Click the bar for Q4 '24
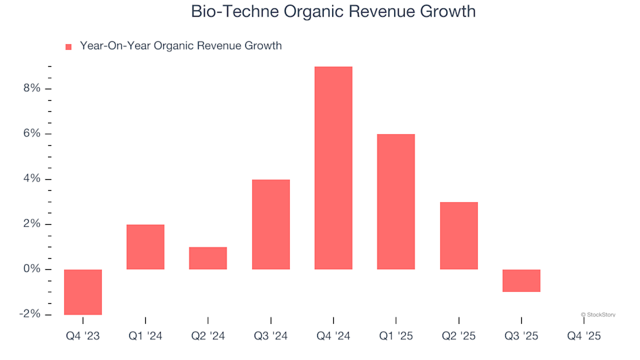click(x=333, y=168)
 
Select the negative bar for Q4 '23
click(x=83, y=291)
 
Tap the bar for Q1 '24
click(x=145, y=247)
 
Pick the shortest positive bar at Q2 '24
click(x=208, y=258)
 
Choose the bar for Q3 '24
click(x=271, y=224)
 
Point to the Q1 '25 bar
click(x=396, y=201)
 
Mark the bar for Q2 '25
click(x=459, y=235)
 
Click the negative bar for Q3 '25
click(x=521, y=280)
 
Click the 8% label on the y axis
click(x=31, y=89)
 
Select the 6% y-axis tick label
click(x=31, y=134)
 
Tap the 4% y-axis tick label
click(x=31, y=179)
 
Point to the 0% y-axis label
click(x=31, y=269)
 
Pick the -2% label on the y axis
click(x=29, y=314)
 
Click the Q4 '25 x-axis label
click(x=584, y=337)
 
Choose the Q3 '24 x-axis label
click(x=271, y=337)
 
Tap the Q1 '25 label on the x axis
click(x=396, y=337)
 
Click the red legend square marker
click(x=68, y=47)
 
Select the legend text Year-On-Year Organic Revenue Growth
click(x=180, y=46)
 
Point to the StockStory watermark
click(x=598, y=315)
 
